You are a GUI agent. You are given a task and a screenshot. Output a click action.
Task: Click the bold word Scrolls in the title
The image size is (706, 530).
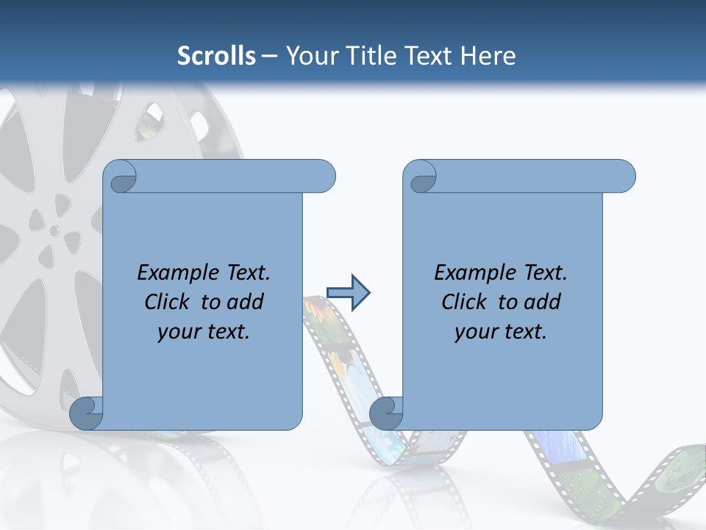[216, 55]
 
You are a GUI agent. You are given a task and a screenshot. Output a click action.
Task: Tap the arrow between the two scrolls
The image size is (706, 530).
[348, 293]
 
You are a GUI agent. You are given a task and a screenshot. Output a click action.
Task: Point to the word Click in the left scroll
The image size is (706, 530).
[168, 302]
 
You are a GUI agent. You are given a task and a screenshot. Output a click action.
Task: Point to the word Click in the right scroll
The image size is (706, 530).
[465, 302]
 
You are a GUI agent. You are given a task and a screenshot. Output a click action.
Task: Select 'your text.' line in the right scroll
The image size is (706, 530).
[501, 331]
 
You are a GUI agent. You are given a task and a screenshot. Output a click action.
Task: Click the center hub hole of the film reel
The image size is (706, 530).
[54, 230]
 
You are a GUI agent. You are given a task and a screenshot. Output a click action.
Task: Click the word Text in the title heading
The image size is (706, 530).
[428, 55]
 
